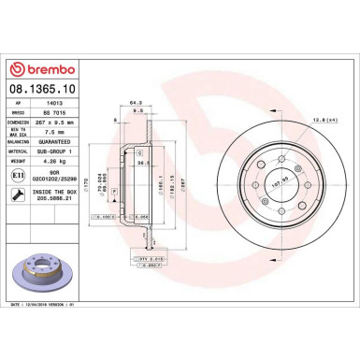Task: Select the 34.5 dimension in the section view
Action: point(143,162)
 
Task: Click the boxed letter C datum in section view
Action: point(140,151)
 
